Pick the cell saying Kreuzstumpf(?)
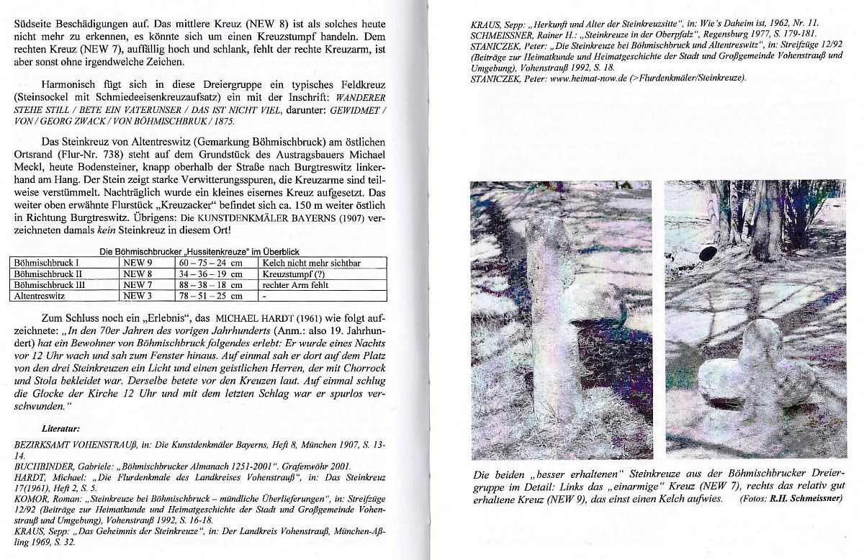[x=292, y=274]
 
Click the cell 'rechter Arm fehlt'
[x=296, y=284]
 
